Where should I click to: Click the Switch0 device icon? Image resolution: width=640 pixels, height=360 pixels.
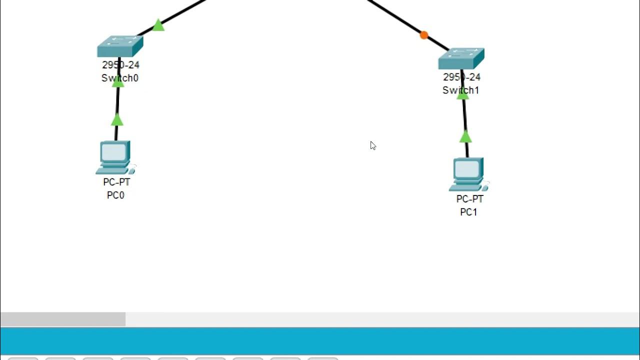pos(120,46)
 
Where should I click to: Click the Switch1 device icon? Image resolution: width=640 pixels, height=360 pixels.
pos(461,58)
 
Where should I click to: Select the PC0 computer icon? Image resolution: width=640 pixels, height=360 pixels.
pos(115,157)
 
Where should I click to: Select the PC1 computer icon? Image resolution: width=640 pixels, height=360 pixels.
pos(468,174)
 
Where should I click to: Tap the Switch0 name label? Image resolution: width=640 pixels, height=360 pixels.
pos(120,78)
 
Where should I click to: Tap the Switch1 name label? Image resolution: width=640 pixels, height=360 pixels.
pos(461,90)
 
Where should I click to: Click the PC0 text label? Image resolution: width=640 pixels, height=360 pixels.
pos(115,195)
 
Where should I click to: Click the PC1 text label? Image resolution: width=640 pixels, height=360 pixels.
pos(468,212)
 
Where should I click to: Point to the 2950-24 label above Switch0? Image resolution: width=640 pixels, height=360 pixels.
pos(120,65)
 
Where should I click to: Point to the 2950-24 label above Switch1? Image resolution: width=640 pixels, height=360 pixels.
pos(461,77)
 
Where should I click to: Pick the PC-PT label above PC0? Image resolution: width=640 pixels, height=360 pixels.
pos(116,182)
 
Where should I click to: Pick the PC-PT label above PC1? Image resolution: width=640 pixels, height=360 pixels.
pos(469,199)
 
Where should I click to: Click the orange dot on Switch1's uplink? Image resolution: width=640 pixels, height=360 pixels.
pos(424,35)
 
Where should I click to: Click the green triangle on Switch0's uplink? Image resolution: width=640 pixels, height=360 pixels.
pos(158,25)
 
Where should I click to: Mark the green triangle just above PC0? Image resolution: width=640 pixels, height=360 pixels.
pos(117,120)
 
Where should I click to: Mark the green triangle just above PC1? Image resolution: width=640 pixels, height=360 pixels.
pos(465,136)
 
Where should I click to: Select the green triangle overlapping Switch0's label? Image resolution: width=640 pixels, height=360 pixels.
pos(118,82)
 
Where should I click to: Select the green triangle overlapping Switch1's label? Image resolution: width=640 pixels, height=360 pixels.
pos(463,94)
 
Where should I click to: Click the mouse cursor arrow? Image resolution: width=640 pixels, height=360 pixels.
pos(372,145)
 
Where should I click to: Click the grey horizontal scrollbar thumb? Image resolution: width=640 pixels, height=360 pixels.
pos(62,319)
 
